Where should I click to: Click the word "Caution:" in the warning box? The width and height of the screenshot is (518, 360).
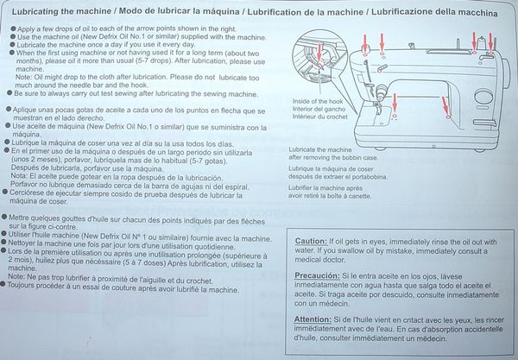(x=311, y=241)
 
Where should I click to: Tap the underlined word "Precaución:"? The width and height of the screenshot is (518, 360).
(x=317, y=275)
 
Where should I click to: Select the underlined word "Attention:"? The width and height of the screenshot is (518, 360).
(x=313, y=319)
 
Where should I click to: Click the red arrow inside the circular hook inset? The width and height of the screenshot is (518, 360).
(x=319, y=52)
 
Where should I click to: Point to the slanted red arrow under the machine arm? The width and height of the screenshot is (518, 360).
(x=445, y=106)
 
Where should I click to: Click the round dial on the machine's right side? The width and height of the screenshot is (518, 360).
(x=483, y=97)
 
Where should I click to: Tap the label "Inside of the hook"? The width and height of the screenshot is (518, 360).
(x=318, y=101)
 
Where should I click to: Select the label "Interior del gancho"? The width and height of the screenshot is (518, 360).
(x=319, y=109)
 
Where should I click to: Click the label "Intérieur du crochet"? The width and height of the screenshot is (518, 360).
(x=319, y=117)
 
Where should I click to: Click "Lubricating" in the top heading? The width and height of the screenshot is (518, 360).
(x=35, y=11)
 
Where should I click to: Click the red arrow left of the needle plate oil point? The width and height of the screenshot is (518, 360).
(x=395, y=103)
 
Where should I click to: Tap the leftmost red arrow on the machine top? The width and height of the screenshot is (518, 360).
(x=365, y=43)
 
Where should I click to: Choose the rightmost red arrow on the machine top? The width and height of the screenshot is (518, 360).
(x=490, y=42)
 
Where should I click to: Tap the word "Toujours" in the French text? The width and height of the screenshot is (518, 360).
(x=21, y=285)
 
